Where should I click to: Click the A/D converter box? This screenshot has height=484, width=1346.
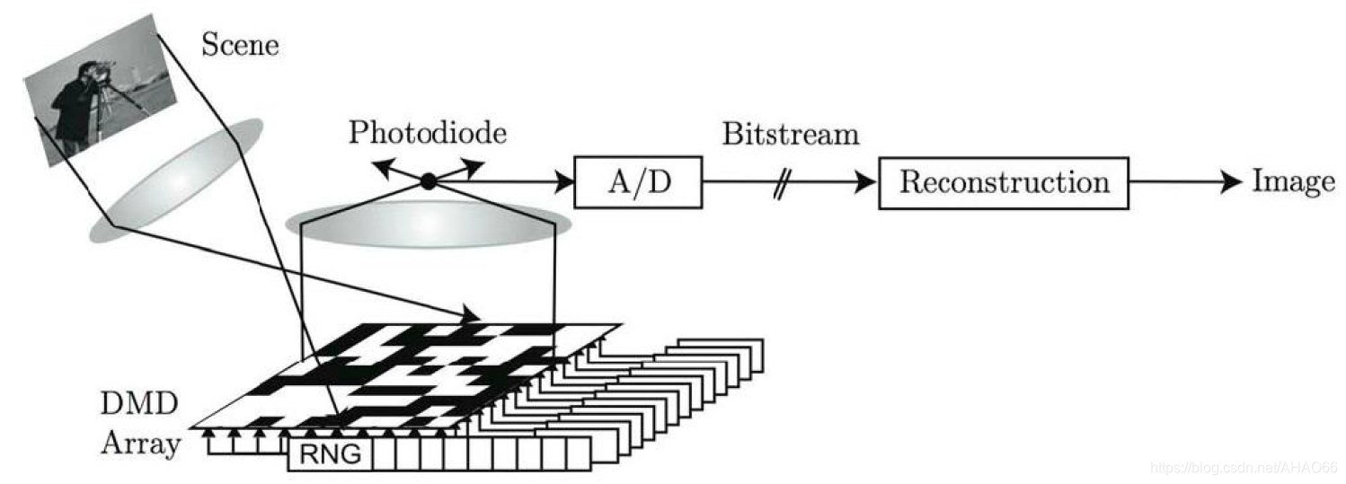click(637, 182)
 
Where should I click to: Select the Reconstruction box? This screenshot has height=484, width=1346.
click(1003, 182)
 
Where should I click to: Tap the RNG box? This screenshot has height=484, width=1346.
click(330, 455)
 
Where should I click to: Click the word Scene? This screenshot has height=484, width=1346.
click(240, 44)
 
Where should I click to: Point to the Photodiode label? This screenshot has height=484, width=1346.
click(428, 133)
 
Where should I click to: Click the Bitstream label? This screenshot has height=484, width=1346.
click(791, 135)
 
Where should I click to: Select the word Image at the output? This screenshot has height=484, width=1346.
click(1294, 182)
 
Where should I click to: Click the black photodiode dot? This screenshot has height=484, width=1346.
click(429, 181)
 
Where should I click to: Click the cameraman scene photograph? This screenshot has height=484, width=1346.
click(100, 94)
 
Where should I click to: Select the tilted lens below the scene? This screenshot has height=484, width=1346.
click(176, 180)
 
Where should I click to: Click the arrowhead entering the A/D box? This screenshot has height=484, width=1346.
click(565, 182)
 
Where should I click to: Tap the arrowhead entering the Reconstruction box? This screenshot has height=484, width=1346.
click(867, 182)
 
